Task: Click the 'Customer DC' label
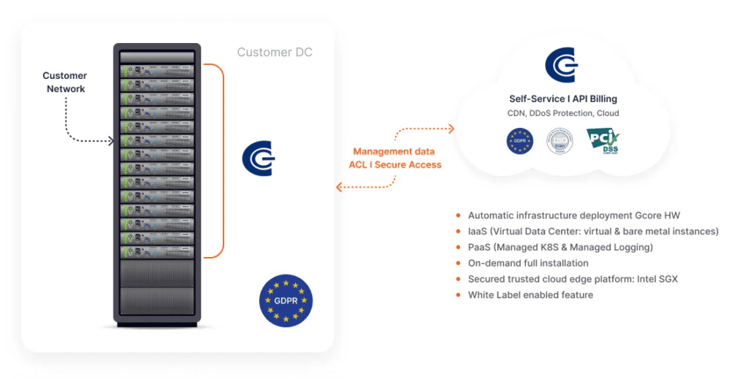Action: click(275, 53)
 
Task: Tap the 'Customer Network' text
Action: click(65, 82)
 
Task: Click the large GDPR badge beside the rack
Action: click(286, 301)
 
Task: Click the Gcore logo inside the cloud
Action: click(562, 65)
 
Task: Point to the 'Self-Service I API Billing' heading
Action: click(563, 99)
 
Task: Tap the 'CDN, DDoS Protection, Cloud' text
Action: click(563, 113)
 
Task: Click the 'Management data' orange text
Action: click(394, 151)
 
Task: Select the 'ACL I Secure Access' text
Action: click(395, 164)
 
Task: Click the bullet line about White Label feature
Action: click(530, 295)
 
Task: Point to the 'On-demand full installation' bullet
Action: click(528, 263)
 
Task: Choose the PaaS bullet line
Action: click(560, 247)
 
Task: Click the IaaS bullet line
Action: click(593, 231)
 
